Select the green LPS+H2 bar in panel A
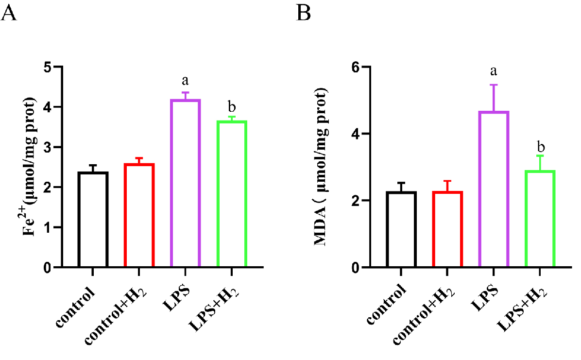pos(232,194)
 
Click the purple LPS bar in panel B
pos(493,189)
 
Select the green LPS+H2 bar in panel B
pos(540,219)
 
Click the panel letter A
pos(10,13)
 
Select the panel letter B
pos(304,13)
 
